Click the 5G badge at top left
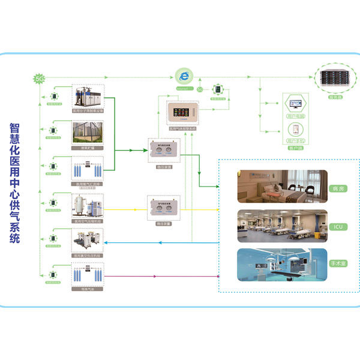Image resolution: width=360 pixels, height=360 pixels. click(x=41, y=79)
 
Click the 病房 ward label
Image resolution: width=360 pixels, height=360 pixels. click(x=337, y=188)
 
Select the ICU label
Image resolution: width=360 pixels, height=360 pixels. click(x=337, y=226)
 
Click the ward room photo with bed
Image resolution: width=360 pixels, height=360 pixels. click(x=282, y=187)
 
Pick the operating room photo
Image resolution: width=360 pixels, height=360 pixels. click(x=282, y=265)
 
